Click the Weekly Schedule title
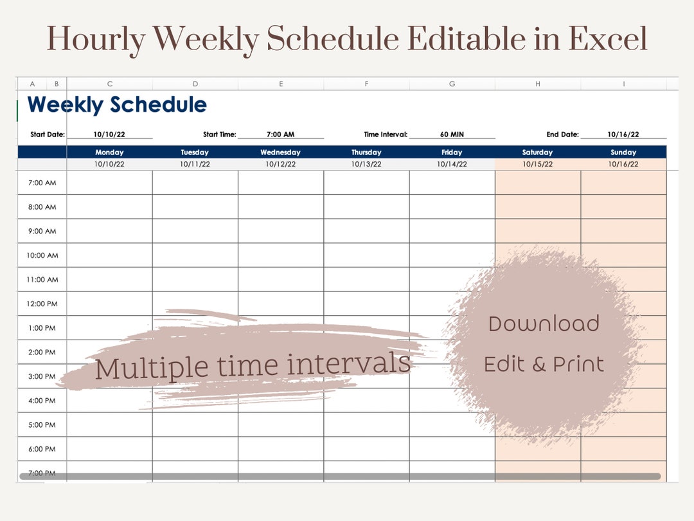[x=117, y=105]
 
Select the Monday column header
[x=109, y=152]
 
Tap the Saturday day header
[x=537, y=152]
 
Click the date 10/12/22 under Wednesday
[x=281, y=164]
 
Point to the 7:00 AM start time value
[x=280, y=134]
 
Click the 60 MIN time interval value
[x=452, y=134]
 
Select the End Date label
[x=562, y=134]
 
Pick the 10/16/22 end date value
[x=623, y=134]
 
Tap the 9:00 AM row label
[x=42, y=231]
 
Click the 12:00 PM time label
[x=42, y=304]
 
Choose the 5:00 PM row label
[x=42, y=425]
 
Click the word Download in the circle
[x=544, y=324]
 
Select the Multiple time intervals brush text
[x=253, y=366]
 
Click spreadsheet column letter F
[x=366, y=84]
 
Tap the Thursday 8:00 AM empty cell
[x=366, y=207]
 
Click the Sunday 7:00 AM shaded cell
[x=623, y=183]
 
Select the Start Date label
[x=47, y=134]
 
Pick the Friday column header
[x=452, y=152]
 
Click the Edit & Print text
[x=544, y=365]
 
